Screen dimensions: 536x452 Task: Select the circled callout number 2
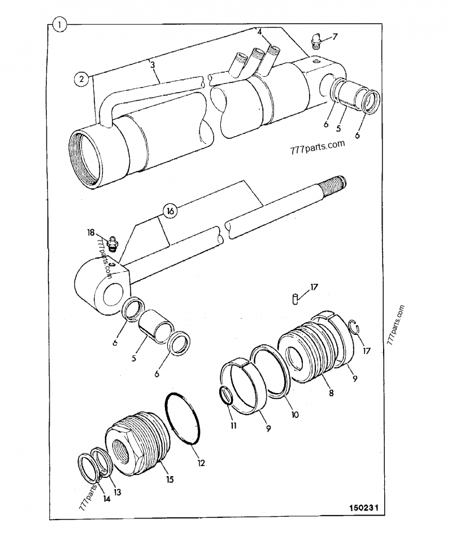click(x=82, y=79)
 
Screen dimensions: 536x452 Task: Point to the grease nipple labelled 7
click(x=316, y=40)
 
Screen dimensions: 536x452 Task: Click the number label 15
click(x=169, y=480)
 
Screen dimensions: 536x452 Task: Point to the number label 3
click(x=153, y=66)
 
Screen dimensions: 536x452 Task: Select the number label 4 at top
click(x=259, y=32)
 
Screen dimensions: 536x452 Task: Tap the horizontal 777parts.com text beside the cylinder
click(x=316, y=148)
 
